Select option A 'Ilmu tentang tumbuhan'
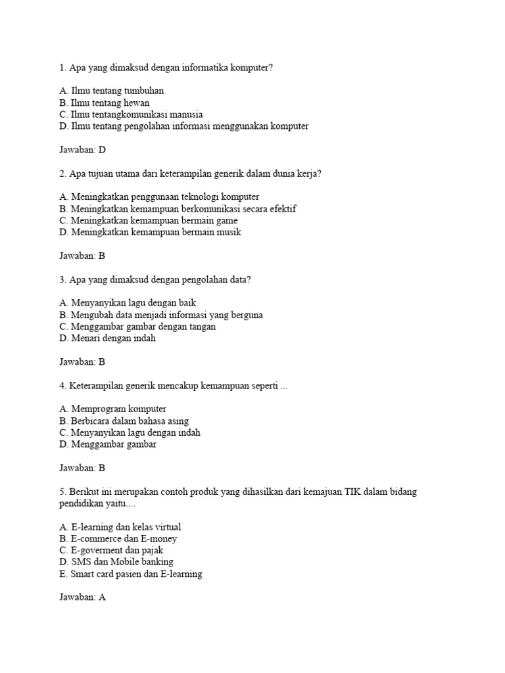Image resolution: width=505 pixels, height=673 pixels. coord(111,91)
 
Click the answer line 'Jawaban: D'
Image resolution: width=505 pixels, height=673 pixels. coord(82,150)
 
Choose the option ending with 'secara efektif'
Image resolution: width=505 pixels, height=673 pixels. coord(178,209)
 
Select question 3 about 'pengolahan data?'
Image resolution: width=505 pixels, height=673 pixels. coord(155,280)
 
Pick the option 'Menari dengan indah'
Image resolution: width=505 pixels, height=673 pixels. coord(107,339)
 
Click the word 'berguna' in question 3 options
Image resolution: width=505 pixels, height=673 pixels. coord(246,315)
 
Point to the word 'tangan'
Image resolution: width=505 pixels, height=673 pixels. coord(202,327)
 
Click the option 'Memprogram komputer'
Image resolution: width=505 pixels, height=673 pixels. coord(112,409)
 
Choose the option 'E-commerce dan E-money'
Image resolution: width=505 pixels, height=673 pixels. coord(118,539)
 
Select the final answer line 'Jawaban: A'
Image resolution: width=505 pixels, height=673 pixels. coord(82,598)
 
